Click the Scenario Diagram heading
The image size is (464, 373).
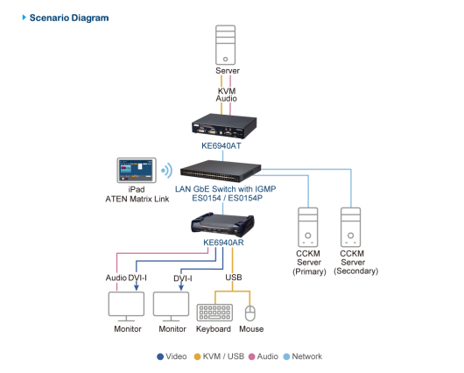tap(69, 18)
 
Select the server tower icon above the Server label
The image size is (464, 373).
tap(226, 45)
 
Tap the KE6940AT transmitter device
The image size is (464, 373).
tap(224, 126)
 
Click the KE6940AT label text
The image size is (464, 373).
tap(221, 145)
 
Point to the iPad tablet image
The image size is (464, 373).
tap(137, 170)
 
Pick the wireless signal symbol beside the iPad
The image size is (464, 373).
tap(167, 170)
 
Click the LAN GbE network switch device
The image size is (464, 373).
tap(221, 171)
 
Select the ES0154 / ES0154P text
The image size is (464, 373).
tap(227, 198)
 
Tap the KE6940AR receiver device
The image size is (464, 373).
tap(222, 224)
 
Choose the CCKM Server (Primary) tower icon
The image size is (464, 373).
tap(308, 227)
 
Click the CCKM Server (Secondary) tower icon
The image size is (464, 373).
tap(351, 227)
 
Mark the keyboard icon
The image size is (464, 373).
tap(214, 313)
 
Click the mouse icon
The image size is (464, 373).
tap(250, 313)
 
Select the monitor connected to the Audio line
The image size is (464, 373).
tap(126, 306)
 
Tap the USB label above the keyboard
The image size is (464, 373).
tap(234, 278)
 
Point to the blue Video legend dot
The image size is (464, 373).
tap(160, 356)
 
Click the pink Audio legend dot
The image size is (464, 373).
tap(252, 356)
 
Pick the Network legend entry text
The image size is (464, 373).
tap(307, 356)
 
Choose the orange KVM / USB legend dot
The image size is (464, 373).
tap(197, 356)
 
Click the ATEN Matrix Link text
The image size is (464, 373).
tap(137, 199)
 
